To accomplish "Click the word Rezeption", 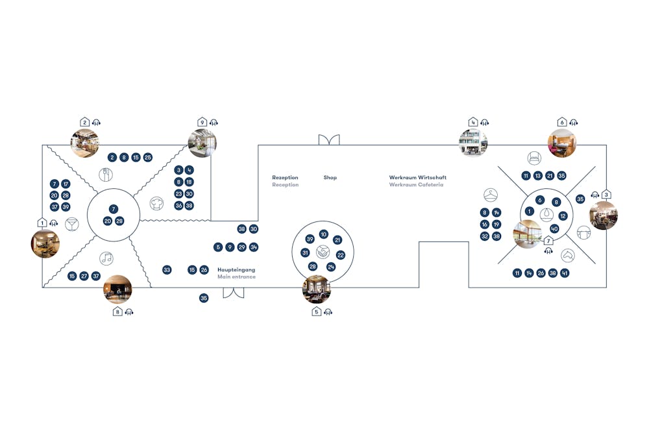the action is pos(285,177).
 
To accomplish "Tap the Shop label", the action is pos(330,177).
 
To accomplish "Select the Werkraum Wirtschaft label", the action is pos(417,177).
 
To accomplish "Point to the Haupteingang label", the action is pos(236,270).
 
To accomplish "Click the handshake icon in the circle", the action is pos(323,252).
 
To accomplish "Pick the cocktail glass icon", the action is pos(72,225).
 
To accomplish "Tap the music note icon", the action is pos(106,258).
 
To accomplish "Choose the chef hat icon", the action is pos(156,203).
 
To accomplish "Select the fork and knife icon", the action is pos(106,175).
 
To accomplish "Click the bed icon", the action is pos(534,158).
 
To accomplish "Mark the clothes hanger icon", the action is pos(491,195).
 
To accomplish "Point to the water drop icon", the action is pos(546,214).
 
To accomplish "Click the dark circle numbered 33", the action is pos(167,270).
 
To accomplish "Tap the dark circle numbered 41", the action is pos(565,273).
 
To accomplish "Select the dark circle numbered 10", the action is pos(324,234).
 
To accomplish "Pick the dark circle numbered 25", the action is pos(148,157).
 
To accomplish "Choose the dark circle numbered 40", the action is pos(555,229).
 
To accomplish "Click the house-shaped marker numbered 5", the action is pos(317,312).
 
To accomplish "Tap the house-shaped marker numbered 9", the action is pos(202,122).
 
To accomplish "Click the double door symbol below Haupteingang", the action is pos(234,293).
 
